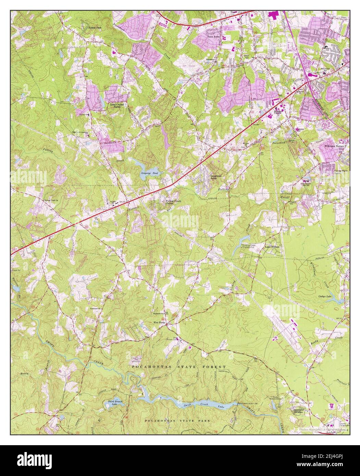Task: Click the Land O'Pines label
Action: click(273, 246)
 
